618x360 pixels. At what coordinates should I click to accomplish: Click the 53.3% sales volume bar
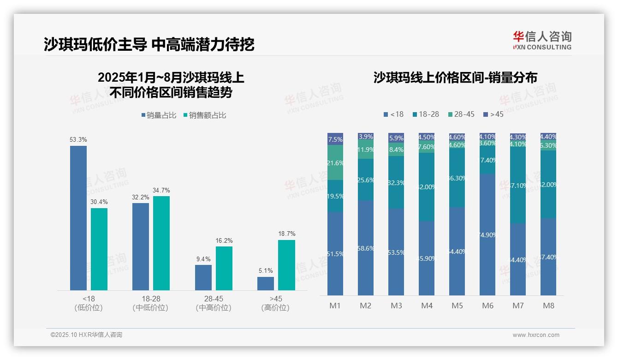point(78,218)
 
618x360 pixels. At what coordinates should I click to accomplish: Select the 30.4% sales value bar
point(99,249)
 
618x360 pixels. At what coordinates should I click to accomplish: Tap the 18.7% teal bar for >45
point(286,265)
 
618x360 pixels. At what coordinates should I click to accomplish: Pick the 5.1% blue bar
point(266,283)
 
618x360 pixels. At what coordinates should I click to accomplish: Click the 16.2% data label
point(224,240)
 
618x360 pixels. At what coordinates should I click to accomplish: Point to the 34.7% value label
point(161,190)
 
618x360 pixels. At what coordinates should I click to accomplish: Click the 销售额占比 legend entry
point(204,115)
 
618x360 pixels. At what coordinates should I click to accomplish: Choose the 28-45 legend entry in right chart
point(461,114)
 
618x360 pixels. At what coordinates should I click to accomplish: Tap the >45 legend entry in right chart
point(493,114)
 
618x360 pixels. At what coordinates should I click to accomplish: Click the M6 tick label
point(487,306)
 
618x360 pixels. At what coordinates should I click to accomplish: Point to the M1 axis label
point(335,306)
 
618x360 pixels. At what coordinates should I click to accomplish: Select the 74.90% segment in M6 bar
point(487,234)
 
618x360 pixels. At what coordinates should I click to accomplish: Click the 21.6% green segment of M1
point(335,162)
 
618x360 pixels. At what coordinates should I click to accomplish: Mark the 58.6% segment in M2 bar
point(366,248)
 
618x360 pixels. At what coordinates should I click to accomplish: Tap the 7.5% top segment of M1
point(335,139)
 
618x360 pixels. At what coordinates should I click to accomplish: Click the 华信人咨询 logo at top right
point(542,40)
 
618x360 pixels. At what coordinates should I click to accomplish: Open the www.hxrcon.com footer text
point(536,335)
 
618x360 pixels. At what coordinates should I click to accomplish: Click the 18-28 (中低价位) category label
point(150,303)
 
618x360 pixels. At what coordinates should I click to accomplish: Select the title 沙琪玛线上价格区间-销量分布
point(455,78)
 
